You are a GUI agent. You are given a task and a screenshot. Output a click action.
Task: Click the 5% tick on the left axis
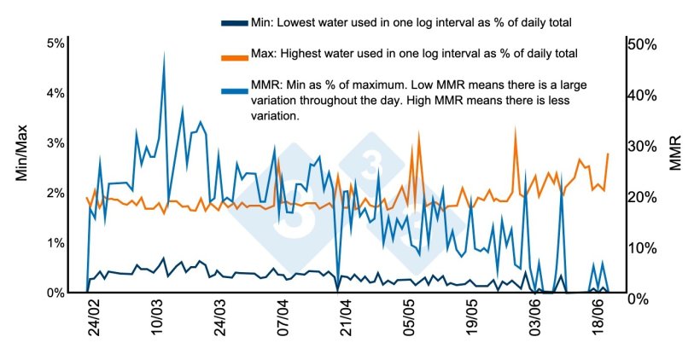[x=55, y=44]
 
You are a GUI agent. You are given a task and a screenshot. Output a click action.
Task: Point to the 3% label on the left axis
[x=55, y=143]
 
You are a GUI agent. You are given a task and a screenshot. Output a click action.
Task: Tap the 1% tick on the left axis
[x=55, y=243]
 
